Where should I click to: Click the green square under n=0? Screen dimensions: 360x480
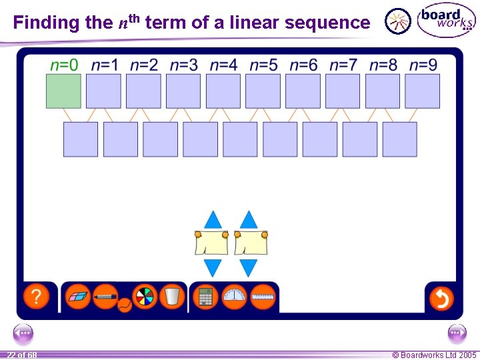[x=63, y=91]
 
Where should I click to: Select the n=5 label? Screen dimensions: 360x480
[x=263, y=65]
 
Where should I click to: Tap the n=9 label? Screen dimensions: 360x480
[x=423, y=65]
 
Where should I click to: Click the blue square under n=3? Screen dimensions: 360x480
[x=183, y=91]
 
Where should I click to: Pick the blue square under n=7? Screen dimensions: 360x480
[x=343, y=91]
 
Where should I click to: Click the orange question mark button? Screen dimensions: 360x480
[x=37, y=297]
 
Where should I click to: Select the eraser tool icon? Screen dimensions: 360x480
[x=79, y=296]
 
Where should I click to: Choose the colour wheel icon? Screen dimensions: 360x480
[x=144, y=296]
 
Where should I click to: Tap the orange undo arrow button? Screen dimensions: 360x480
[x=441, y=297]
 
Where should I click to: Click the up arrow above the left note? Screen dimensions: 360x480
[x=213, y=220]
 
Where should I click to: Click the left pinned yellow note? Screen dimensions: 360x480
[x=211, y=243]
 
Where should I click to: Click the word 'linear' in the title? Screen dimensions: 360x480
[x=255, y=23]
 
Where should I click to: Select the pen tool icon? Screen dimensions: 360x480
[x=105, y=295]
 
